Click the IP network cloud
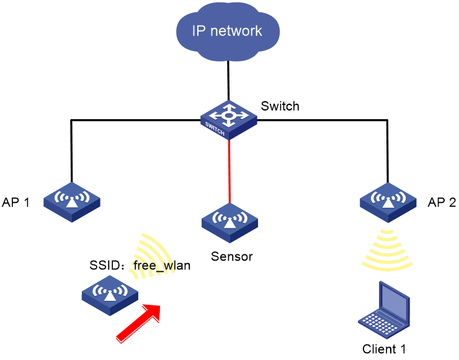click(x=228, y=31)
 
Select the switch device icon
click(x=229, y=120)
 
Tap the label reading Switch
click(x=280, y=106)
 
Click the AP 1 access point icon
click(x=72, y=202)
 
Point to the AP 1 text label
click(x=16, y=202)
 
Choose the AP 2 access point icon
click(x=388, y=202)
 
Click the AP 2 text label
click(x=442, y=202)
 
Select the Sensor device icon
click(x=229, y=223)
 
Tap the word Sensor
click(x=232, y=256)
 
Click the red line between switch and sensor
click(x=229, y=171)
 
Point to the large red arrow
click(x=138, y=323)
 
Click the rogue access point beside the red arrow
click(x=110, y=295)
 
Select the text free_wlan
click(x=162, y=266)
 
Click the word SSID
click(x=105, y=266)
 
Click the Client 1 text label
click(x=384, y=349)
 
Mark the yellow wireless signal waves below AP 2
click(x=387, y=250)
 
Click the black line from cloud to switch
click(x=228, y=81)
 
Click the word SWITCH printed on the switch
click(x=215, y=129)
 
